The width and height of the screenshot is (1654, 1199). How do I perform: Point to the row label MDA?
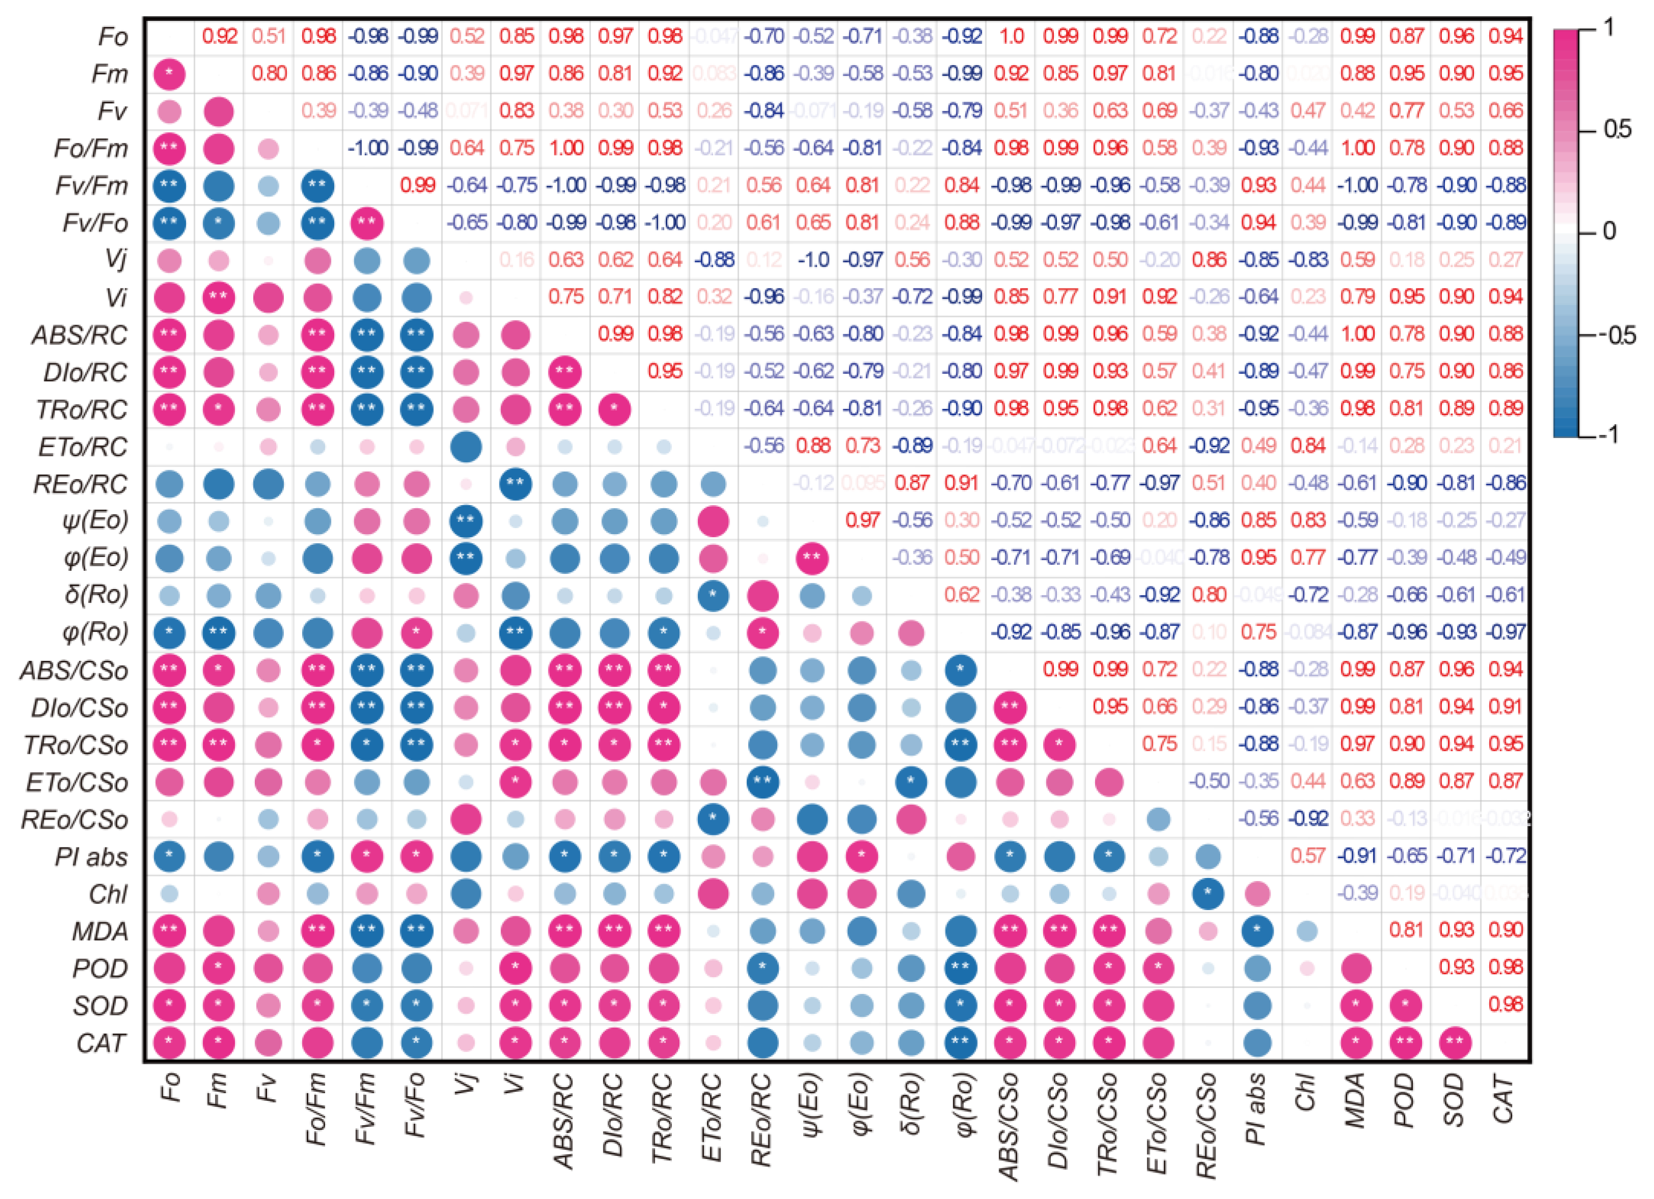click(100, 931)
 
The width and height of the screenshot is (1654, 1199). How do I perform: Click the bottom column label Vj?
click(467, 1094)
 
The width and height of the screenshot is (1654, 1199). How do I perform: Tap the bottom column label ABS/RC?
click(565, 1120)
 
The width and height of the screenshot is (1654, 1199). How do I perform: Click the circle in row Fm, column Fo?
click(169, 74)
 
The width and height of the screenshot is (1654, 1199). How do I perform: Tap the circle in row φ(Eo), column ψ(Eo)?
click(812, 558)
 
